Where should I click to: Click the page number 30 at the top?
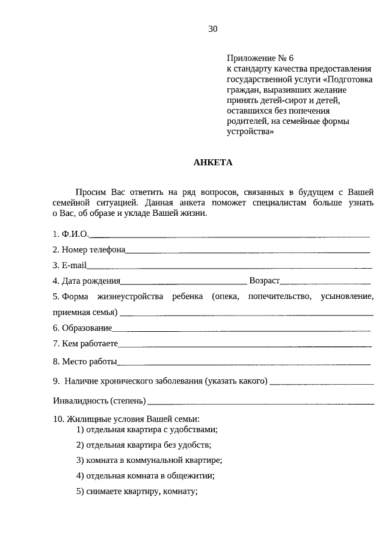[x=212, y=29]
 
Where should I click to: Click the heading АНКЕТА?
[x=212, y=162]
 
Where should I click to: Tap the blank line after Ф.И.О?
[x=229, y=234]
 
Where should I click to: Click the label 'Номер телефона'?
[x=88, y=249]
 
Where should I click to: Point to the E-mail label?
[x=69, y=265]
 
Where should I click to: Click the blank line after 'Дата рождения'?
[x=183, y=281]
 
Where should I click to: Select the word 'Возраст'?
[x=264, y=281]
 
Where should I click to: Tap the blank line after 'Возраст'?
[x=325, y=281]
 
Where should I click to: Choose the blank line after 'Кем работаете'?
[x=244, y=344]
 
